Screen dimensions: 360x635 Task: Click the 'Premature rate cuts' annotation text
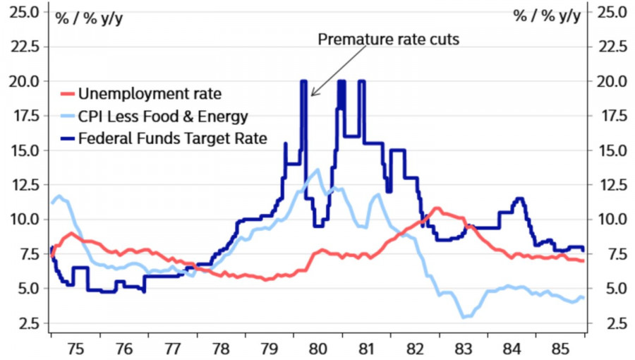coord(388,39)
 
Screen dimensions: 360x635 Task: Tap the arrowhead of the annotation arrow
coord(312,94)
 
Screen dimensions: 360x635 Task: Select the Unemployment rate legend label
coord(150,93)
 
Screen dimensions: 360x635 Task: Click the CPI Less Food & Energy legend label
coord(163,116)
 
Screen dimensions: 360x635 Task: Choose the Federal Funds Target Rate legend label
coord(173,138)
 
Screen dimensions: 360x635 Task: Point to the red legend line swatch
coord(66,93)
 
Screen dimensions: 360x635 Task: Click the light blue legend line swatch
coord(66,116)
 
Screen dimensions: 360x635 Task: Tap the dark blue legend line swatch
coord(66,138)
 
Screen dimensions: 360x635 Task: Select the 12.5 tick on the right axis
coord(612,185)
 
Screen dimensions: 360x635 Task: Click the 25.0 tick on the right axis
coord(612,12)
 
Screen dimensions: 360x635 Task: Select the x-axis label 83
coord(463,348)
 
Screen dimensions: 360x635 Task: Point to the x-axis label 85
coord(560,348)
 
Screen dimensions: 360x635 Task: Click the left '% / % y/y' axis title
coord(89,17)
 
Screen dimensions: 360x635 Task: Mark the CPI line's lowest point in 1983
coord(464,318)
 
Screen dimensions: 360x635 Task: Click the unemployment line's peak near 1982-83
coord(437,208)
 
